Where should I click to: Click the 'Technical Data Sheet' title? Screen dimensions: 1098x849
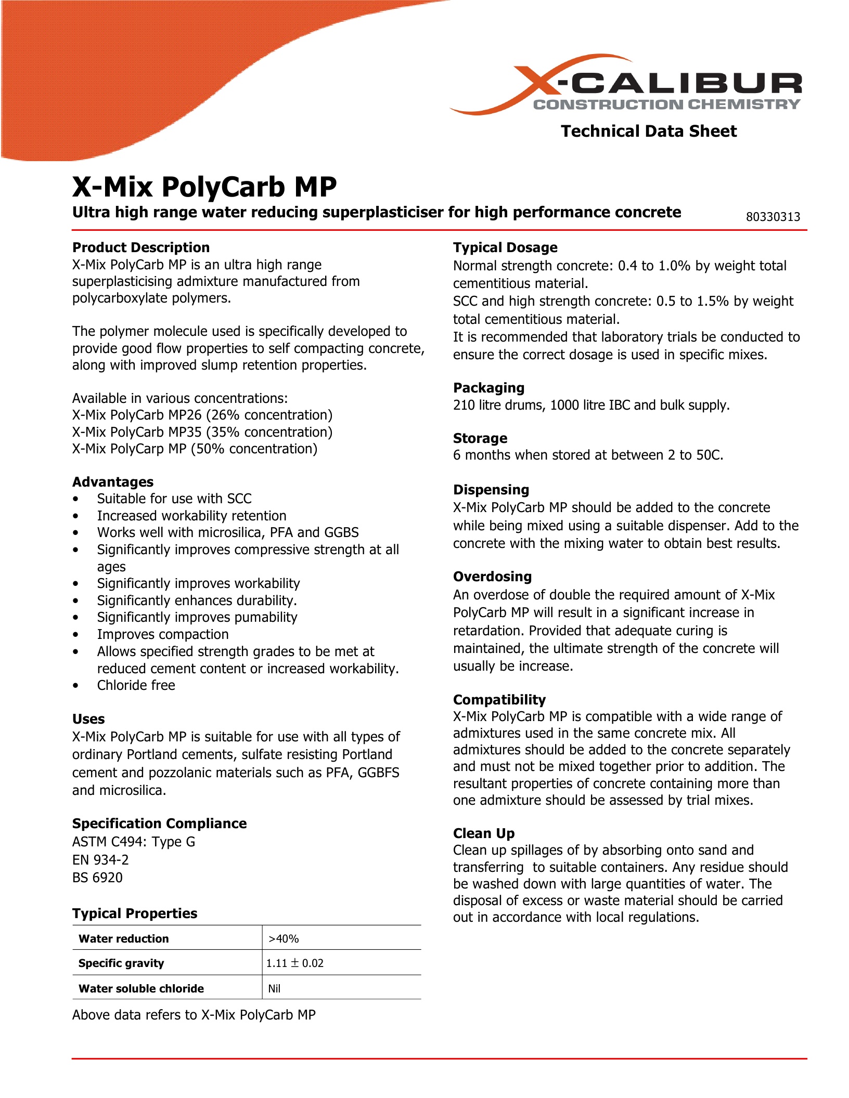click(648, 131)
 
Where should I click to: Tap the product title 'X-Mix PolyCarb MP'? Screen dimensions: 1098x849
click(204, 187)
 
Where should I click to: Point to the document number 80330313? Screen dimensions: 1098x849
click(773, 217)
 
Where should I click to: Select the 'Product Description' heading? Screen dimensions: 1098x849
click(141, 247)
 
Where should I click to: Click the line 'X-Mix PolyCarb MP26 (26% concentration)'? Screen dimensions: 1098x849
click(202, 415)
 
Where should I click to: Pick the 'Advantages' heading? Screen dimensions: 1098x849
click(113, 482)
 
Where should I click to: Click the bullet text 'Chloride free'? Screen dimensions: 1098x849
click(136, 685)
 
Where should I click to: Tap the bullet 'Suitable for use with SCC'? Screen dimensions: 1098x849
click(174, 499)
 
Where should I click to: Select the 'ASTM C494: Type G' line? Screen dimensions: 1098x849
click(134, 842)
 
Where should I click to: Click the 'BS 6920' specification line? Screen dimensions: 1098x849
click(97, 878)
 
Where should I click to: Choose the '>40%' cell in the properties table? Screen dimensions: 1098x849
click(284, 939)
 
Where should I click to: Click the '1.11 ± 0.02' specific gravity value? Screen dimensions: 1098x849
click(295, 963)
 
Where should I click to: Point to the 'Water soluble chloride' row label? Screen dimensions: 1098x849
click(141, 988)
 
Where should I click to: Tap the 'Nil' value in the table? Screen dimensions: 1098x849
click(274, 989)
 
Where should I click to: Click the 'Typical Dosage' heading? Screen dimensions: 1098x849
click(505, 247)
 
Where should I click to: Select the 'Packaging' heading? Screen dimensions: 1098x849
click(488, 388)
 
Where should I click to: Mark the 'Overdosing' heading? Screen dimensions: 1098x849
click(492, 577)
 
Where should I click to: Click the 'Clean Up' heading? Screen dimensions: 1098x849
click(484, 833)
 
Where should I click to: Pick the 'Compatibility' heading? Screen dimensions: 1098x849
click(499, 700)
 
